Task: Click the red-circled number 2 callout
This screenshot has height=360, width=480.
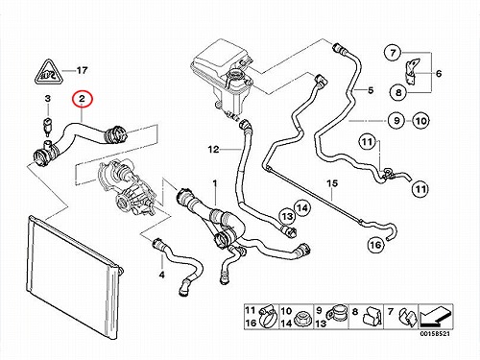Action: (83, 99)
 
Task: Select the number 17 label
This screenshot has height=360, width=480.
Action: (82, 70)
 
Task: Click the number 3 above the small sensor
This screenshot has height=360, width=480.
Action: (48, 98)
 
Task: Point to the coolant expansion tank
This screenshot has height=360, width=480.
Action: (223, 77)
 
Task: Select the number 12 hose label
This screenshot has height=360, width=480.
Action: (213, 149)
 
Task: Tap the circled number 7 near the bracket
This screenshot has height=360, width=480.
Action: (393, 53)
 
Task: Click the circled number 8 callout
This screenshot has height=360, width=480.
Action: (398, 93)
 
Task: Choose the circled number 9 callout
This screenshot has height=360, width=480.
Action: (396, 121)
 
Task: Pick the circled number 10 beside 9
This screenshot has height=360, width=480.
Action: (421, 121)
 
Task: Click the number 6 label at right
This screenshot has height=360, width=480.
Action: (439, 74)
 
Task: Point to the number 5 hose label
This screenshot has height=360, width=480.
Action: (371, 90)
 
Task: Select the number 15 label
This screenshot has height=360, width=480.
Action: (332, 183)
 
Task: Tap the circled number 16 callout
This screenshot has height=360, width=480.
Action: (375, 245)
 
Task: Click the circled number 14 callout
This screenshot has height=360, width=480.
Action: (302, 208)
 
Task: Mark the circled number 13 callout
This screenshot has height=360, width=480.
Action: (287, 217)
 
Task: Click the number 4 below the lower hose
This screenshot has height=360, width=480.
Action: (162, 275)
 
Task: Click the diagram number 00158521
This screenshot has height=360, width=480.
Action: (435, 334)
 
